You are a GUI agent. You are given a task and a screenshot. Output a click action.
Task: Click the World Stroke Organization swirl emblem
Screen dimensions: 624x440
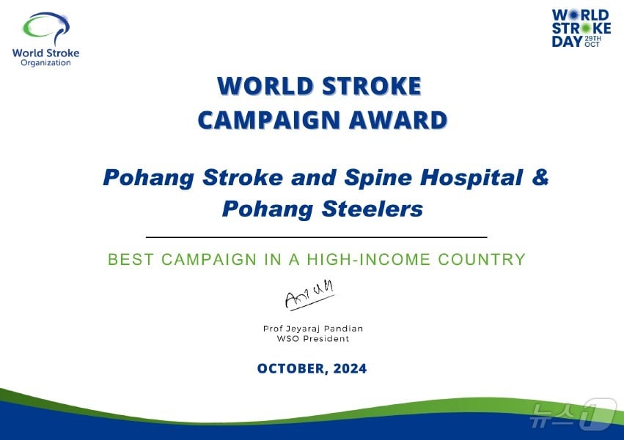pyautogui.click(x=45, y=28)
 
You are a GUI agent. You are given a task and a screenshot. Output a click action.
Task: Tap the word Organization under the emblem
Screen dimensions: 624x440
pyautogui.click(x=45, y=63)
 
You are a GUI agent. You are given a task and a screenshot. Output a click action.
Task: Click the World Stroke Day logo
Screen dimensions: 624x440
pyautogui.click(x=581, y=29)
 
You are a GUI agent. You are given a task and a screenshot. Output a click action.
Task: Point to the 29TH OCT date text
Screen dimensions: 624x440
pyautogui.click(x=592, y=41)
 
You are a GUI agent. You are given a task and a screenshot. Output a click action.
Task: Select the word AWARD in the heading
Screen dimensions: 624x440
pyautogui.click(x=398, y=120)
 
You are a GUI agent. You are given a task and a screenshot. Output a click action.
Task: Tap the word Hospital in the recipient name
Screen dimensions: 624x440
pyautogui.click(x=472, y=177)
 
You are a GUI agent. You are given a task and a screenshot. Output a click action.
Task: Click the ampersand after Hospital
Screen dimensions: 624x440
pyautogui.click(x=540, y=177)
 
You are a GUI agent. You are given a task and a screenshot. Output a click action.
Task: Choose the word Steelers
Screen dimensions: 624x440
pyautogui.click(x=372, y=209)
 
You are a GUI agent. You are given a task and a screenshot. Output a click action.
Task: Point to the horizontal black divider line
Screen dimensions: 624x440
pyautogui.click(x=316, y=237)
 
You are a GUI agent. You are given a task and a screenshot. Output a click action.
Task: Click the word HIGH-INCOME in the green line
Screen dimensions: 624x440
pyautogui.click(x=369, y=259)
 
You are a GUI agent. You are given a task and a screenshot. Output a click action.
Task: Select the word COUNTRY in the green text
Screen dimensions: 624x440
pyautogui.click(x=482, y=259)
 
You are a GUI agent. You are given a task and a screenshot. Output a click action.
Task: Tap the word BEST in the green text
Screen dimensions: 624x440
pyautogui.click(x=131, y=259)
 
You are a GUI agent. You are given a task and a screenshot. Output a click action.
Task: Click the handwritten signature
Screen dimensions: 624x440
pyautogui.click(x=309, y=295)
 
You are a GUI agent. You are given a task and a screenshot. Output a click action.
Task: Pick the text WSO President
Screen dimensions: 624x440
pyautogui.click(x=313, y=339)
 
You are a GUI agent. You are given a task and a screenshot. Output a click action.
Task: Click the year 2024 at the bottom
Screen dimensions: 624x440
pyautogui.click(x=350, y=368)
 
